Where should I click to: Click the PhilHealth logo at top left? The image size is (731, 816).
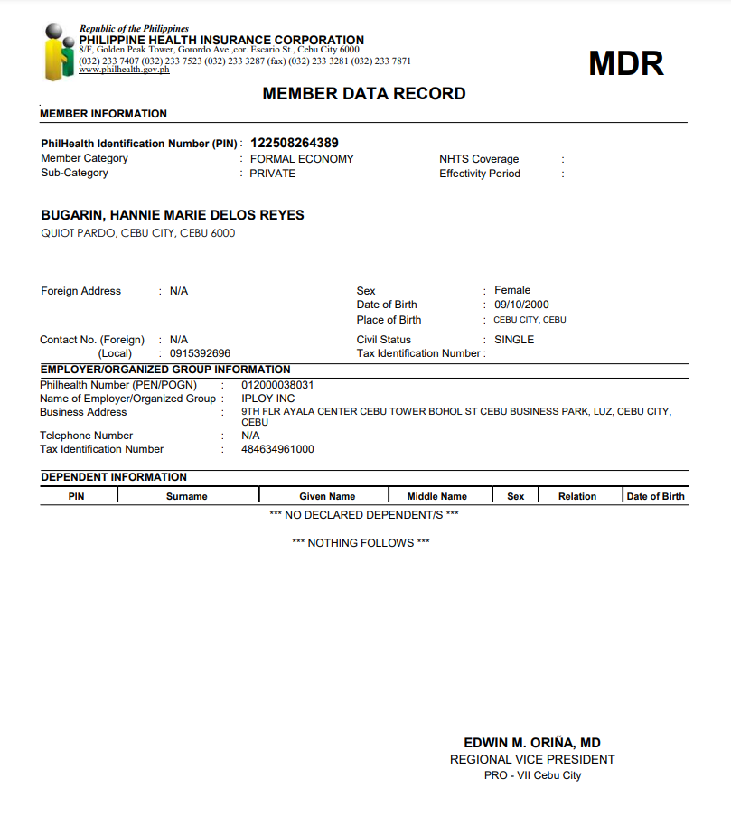59,52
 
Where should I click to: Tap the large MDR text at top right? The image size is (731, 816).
626,63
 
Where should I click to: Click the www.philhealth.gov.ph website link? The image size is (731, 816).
124,70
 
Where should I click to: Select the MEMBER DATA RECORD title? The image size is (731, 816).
364,94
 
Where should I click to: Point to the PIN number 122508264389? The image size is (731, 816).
295,143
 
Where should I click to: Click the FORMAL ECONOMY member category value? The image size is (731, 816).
302,159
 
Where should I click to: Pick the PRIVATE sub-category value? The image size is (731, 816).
273,174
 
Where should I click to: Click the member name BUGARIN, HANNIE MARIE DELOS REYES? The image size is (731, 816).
173,215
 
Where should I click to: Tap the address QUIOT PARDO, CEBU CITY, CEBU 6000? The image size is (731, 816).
138,233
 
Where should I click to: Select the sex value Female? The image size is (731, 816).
512,290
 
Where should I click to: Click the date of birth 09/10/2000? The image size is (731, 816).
521,305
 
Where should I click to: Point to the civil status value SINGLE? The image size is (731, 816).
514,340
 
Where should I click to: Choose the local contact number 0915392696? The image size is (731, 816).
200,353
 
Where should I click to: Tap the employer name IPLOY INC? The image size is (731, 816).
268,399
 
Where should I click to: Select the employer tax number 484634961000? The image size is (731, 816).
277,449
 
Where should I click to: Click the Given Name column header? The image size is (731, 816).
327,496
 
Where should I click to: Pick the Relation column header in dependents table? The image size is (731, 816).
577,496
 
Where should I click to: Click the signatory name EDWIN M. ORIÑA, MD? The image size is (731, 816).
532,742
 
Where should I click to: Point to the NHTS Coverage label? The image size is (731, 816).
479,159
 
